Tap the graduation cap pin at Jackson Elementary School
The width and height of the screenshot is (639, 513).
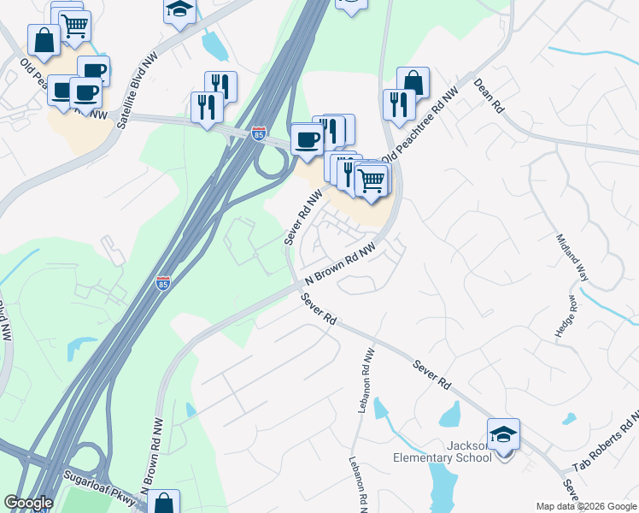[503, 435]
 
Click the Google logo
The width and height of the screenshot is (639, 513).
[28, 503]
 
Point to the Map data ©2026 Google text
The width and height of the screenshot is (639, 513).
[586, 506]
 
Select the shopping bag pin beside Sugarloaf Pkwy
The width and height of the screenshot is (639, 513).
[164, 504]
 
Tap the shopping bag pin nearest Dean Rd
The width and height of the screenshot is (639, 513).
[413, 83]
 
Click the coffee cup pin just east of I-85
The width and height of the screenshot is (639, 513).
[306, 139]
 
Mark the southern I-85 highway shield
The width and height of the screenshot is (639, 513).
[162, 283]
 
